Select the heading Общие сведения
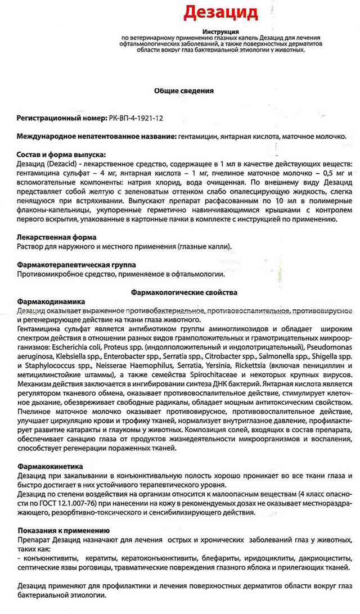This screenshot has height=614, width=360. (x=184, y=90)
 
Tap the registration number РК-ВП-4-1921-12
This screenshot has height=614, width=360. (x=137, y=119)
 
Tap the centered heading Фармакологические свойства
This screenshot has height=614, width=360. (x=184, y=292)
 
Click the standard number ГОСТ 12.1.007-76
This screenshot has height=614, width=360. (x=67, y=504)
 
